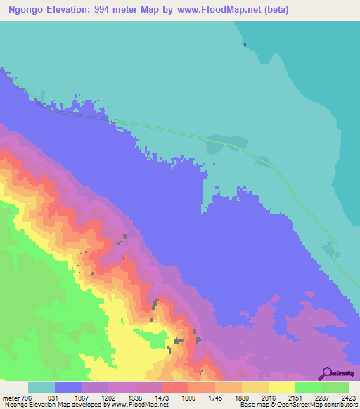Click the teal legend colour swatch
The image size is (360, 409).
tap(41, 387)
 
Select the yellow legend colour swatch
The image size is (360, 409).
tap(281, 387)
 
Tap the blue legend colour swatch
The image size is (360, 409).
tap(68, 387)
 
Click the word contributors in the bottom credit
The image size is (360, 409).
tap(340, 405)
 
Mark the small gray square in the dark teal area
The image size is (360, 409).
tap(245, 45)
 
